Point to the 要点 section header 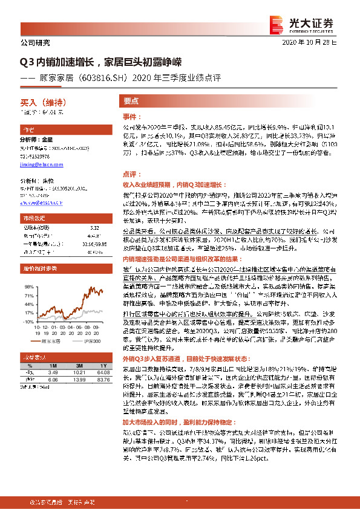coord(131,102)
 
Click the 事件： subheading coord(132,116)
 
